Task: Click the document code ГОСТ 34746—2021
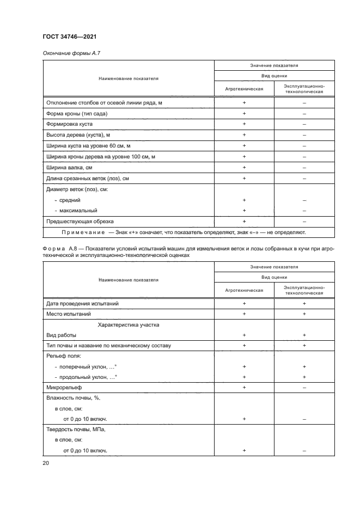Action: click(x=70, y=36)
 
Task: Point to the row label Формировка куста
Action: click(x=68, y=124)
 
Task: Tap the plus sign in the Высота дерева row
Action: click(x=244, y=134)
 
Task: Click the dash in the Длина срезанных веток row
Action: click(x=304, y=178)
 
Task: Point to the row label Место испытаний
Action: click(x=68, y=314)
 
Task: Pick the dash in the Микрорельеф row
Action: click(x=304, y=387)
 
